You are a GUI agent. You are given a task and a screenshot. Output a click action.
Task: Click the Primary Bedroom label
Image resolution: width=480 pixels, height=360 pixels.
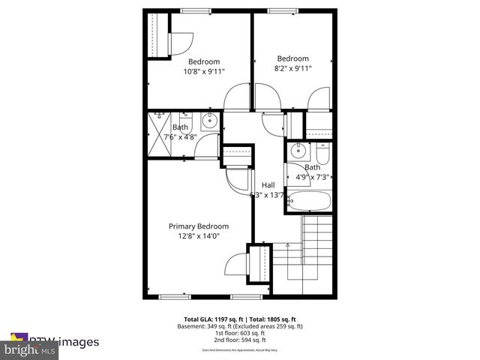tap(198, 226)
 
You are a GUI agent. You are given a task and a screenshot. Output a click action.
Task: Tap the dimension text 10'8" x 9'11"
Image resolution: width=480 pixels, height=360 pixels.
tap(204, 71)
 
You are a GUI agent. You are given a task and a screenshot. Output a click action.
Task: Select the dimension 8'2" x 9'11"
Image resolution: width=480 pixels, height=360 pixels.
tap(292, 68)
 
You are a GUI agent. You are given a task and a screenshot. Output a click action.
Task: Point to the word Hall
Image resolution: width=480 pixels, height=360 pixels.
tap(268, 185)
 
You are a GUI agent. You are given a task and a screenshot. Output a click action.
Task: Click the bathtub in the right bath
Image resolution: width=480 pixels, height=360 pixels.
tap(308, 200)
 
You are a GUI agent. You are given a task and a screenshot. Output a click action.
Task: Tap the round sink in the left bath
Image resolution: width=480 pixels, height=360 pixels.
tap(208, 119)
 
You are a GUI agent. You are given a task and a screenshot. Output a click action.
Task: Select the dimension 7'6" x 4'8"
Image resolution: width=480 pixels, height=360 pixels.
tap(184, 136)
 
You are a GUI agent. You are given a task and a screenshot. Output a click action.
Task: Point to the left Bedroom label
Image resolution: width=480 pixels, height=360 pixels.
tap(204, 61)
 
